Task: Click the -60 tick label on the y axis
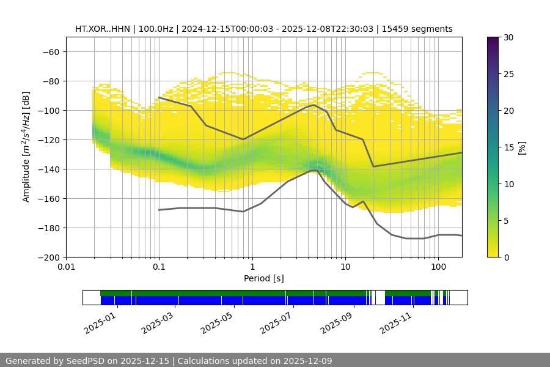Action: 50,51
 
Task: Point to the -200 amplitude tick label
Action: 48,257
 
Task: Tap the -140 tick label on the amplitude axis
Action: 48,169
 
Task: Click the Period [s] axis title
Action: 264,278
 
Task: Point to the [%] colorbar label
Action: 521,147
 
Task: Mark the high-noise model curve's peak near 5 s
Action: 315,105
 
